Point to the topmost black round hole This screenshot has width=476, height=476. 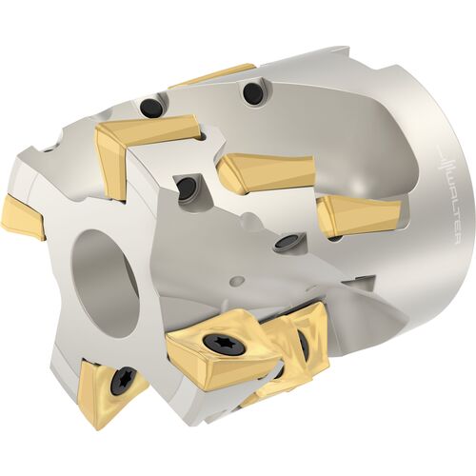pyautogui.click(x=253, y=92)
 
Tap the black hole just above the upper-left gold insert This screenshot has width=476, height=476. pyautogui.click(x=150, y=106)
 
